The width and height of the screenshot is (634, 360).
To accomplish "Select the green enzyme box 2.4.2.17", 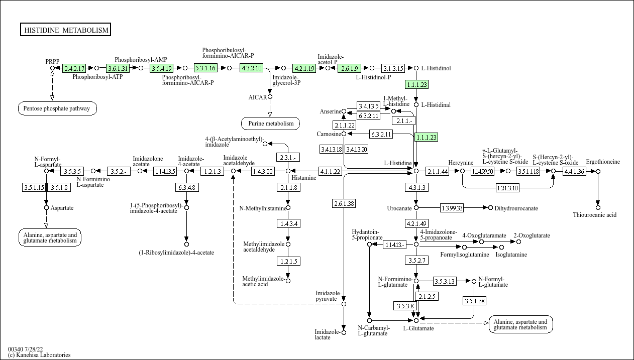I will (x=74, y=68).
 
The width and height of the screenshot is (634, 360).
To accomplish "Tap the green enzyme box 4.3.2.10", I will (x=251, y=68).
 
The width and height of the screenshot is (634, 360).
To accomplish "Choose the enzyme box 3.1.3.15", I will (x=393, y=68).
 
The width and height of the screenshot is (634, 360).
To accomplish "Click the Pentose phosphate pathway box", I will (x=57, y=108).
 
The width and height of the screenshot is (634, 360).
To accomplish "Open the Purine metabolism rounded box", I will (x=270, y=123).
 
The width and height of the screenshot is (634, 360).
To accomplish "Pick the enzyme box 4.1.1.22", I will (x=330, y=171).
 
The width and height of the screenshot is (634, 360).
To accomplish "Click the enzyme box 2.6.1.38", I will (x=344, y=203).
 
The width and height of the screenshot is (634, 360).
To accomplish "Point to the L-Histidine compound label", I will (x=397, y=163).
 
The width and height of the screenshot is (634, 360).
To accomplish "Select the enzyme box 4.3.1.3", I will (x=416, y=187).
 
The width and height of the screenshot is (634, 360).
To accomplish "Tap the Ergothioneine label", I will (x=603, y=162).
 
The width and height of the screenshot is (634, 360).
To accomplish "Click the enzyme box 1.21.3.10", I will (x=507, y=188).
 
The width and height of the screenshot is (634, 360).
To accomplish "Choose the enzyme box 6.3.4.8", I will (x=186, y=187).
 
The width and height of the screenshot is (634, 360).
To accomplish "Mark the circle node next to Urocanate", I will (x=416, y=207).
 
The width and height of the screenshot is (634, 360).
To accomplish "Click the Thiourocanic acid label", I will (x=594, y=215).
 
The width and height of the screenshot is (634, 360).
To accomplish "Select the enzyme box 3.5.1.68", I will (x=474, y=301).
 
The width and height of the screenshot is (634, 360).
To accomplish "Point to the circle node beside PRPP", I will (x=52, y=68).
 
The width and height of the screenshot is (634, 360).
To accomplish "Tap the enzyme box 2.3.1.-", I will (x=288, y=157).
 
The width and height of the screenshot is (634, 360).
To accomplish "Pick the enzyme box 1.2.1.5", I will (x=288, y=261).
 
